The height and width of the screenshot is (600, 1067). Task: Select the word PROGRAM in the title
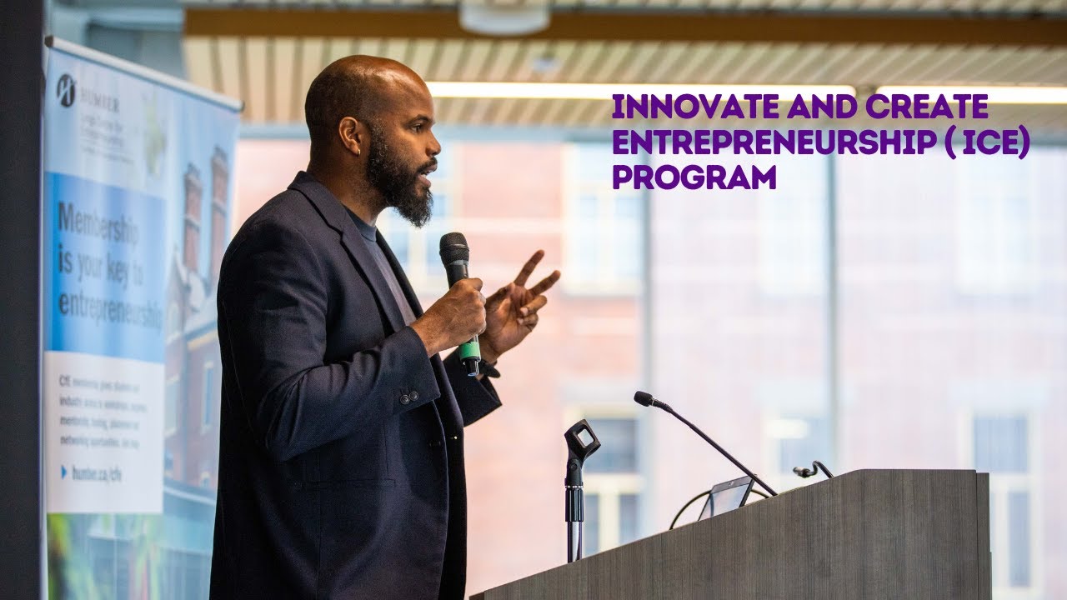point(694,177)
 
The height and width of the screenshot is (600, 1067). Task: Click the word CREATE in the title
point(927,107)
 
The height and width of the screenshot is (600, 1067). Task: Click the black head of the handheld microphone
point(454,249)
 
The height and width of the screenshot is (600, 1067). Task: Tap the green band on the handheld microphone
point(470,346)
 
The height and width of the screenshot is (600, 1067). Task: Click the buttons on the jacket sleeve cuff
point(408,397)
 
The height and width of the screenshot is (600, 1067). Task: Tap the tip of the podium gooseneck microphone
point(643,398)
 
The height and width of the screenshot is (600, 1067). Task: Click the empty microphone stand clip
point(581,440)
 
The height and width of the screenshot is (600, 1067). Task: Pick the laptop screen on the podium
point(727,497)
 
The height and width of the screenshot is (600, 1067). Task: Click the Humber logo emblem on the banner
point(65,89)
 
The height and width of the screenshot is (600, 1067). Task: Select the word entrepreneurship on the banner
point(110,310)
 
